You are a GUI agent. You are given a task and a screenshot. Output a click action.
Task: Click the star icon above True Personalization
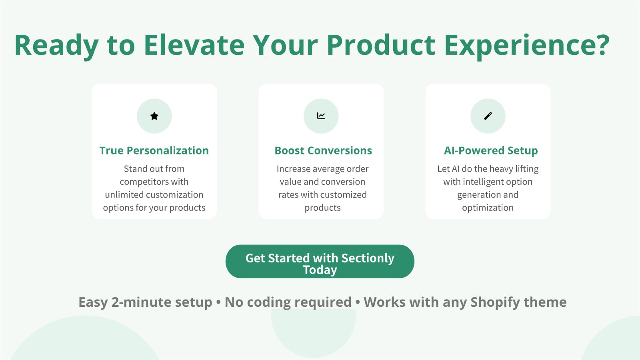154,116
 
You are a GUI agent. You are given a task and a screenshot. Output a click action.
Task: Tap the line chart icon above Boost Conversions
321,116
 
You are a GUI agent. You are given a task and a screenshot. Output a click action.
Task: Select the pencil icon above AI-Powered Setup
488,116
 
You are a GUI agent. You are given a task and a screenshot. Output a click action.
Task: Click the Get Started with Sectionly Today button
320,261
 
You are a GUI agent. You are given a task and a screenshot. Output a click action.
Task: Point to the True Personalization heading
154,150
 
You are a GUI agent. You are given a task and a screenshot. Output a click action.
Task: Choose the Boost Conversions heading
323,150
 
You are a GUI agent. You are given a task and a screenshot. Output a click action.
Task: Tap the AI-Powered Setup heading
490,150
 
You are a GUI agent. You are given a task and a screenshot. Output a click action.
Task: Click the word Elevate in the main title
194,45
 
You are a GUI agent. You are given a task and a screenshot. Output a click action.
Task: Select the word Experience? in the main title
527,46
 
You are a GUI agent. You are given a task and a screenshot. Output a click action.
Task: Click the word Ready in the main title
56,46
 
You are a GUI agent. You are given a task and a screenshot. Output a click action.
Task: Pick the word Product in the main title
381,45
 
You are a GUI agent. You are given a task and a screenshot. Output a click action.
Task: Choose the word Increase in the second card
294,169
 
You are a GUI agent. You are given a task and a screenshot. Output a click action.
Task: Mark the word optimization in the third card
488,208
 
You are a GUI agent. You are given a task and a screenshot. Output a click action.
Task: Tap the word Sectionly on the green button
368,258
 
